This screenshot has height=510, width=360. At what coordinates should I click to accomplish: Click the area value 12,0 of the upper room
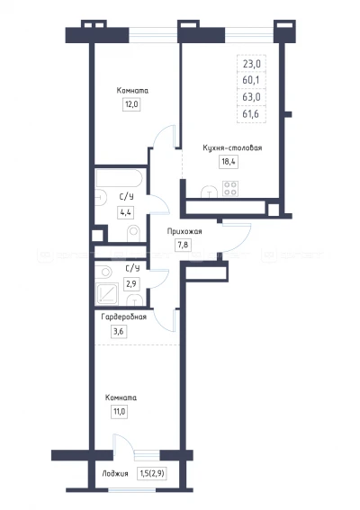[x=131, y=104]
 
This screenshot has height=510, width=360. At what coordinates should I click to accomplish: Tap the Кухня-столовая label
[x=232, y=148]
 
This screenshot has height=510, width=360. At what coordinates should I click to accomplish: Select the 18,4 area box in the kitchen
[x=229, y=162]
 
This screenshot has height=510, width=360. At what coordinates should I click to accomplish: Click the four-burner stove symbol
[x=230, y=189]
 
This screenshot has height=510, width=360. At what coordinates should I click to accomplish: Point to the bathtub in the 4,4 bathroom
[x=119, y=177]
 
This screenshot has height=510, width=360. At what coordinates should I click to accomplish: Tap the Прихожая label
[x=184, y=231]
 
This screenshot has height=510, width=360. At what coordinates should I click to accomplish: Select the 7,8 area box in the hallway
[x=183, y=245]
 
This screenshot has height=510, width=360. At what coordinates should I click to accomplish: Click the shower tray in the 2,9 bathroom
[x=107, y=294]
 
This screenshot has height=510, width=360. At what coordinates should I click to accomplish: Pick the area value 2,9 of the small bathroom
[x=131, y=284]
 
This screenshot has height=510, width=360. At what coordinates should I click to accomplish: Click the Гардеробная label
[x=123, y=317]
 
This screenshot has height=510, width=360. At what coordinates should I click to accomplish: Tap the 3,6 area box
[x=119, y=332]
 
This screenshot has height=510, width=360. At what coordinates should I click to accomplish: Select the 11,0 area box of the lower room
[x=119, y=412]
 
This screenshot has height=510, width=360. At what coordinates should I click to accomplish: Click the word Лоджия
[x=115, y=474]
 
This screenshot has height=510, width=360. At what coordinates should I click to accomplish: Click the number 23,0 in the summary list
[x=252, y=64]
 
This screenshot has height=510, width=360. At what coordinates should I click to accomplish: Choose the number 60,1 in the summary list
[x=251, y=80]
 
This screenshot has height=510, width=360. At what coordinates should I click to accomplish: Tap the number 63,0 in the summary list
[x=252, y=97]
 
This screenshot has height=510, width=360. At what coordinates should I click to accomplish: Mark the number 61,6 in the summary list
[x=251, y=114]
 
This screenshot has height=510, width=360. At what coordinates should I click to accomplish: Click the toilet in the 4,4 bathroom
[x=133, y=234]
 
